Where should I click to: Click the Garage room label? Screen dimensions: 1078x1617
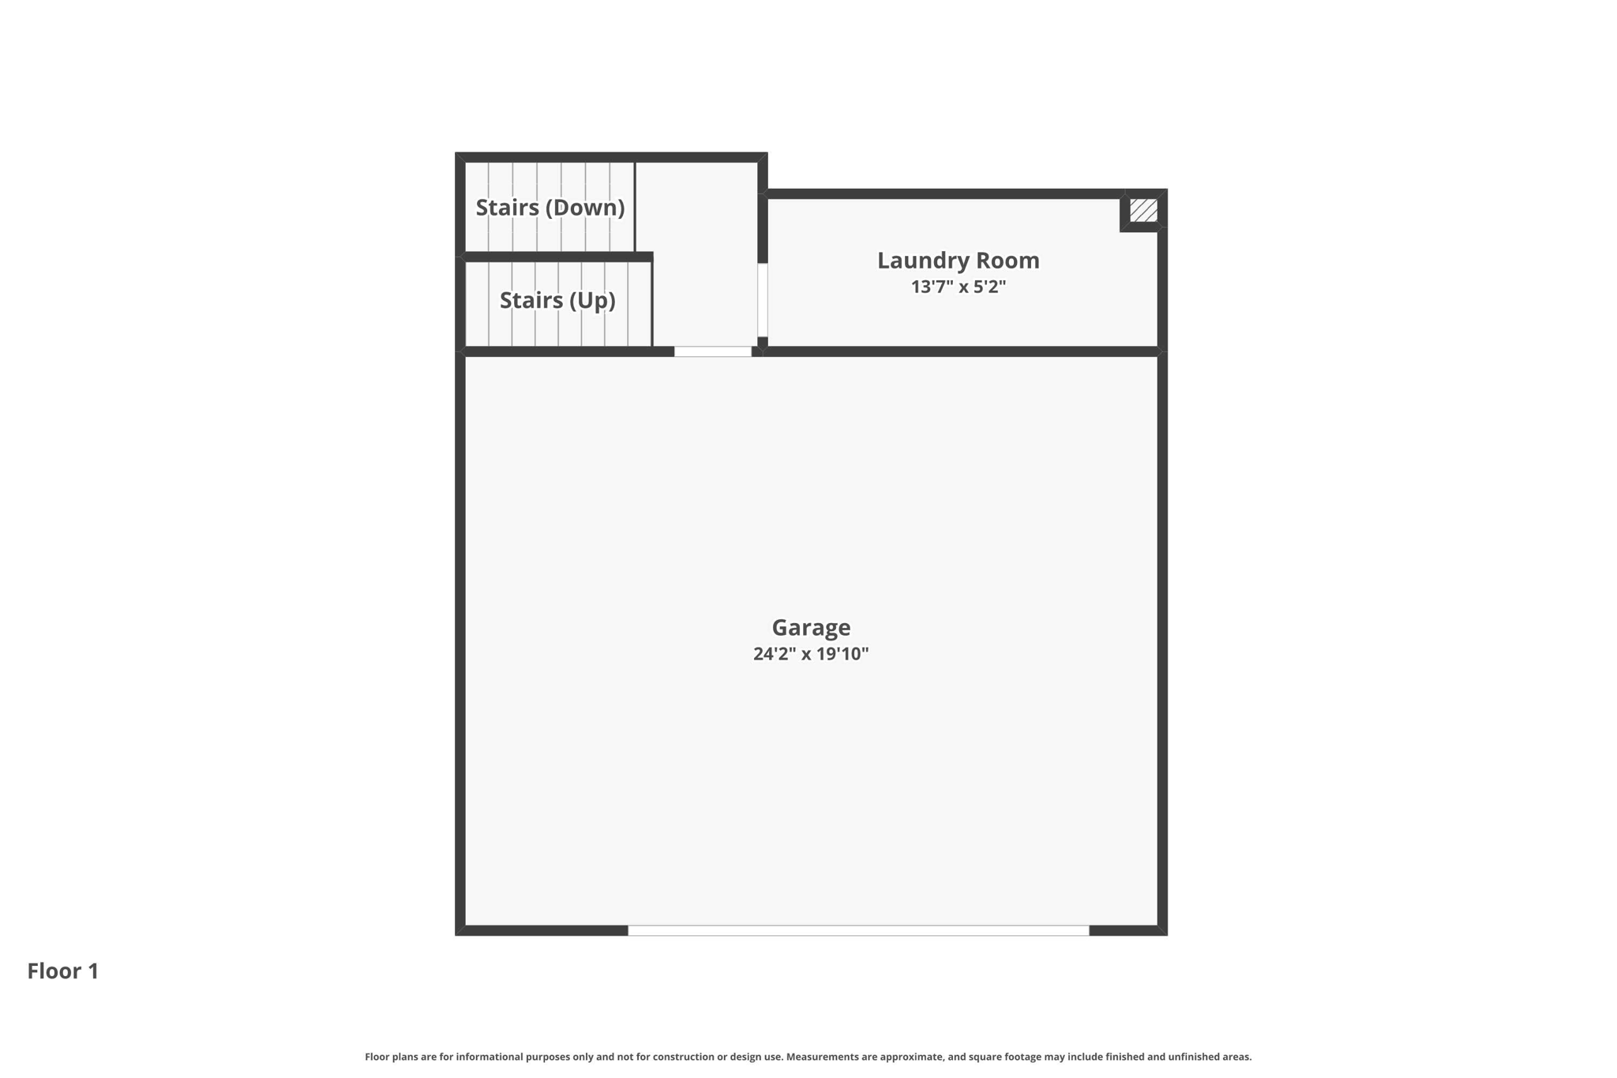811,627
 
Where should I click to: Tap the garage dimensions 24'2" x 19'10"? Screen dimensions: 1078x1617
811,654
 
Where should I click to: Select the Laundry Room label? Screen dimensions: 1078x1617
958,260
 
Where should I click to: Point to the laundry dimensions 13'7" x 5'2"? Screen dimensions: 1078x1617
958,287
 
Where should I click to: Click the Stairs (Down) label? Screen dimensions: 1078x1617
550,207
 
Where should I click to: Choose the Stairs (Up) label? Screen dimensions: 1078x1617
557,300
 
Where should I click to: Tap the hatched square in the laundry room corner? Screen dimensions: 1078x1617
1142,210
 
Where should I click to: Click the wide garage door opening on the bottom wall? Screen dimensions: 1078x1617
858,930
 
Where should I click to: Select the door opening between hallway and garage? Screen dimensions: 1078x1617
713,351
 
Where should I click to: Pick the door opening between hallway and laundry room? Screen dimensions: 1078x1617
763,300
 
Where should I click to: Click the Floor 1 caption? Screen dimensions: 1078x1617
63,971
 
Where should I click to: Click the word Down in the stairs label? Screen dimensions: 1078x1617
586,207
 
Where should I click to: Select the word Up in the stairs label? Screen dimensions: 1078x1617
595,300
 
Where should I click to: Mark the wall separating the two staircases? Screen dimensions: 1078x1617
557,257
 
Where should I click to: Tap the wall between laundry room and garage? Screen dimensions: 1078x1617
959,351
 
